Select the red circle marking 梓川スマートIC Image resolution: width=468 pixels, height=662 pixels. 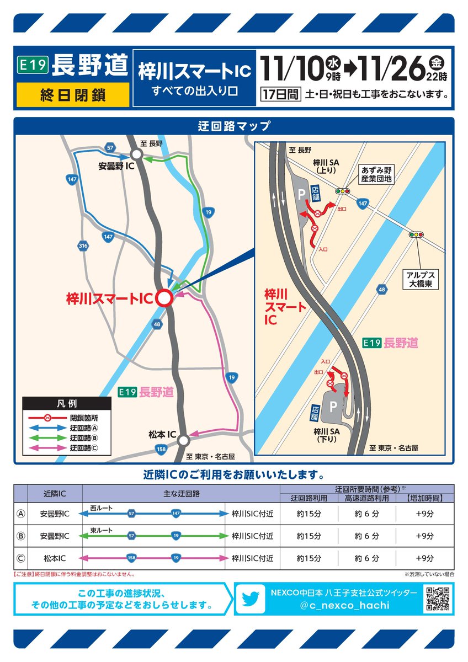point(164,298)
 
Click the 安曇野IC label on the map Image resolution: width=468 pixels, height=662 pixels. point(116,165)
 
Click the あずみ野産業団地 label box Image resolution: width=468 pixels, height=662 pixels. point(376,174)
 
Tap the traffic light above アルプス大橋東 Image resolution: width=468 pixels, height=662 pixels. point(416,234)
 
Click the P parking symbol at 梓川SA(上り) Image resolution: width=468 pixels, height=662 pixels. point(301,193)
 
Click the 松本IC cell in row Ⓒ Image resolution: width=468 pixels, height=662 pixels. point(55,558)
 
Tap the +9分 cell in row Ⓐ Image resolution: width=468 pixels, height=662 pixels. point(424,514)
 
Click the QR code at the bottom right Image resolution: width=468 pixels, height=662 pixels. point(439,599)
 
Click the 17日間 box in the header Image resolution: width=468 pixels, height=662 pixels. point(280,94)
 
